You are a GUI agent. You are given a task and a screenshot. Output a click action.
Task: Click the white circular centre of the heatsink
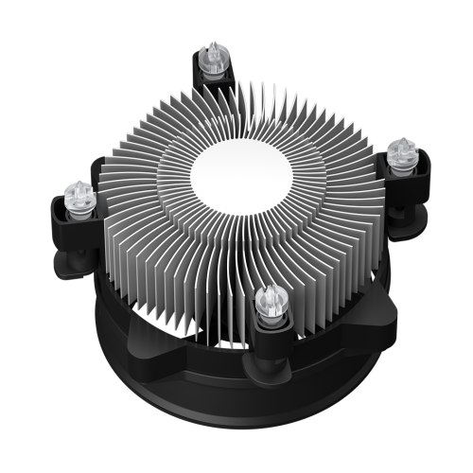(x=242, y=171)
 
